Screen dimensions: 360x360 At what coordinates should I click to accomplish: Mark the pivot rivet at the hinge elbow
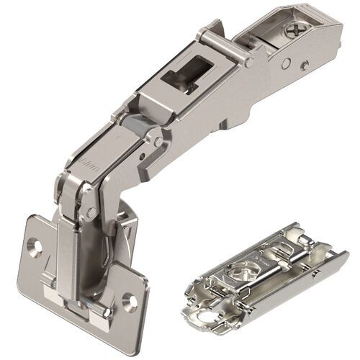click(89, 210)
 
